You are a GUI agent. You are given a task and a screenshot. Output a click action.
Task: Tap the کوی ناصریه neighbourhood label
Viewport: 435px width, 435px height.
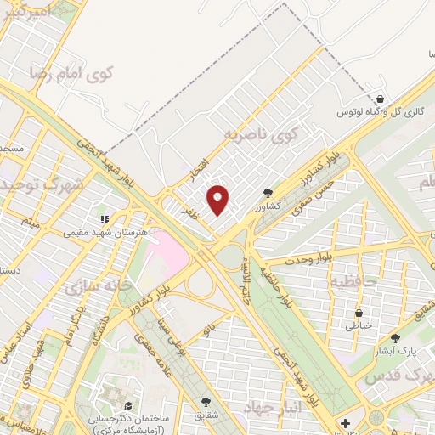[x=264, y=135]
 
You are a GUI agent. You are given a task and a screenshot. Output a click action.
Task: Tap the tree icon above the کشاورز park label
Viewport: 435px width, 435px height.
[x=268, y=194]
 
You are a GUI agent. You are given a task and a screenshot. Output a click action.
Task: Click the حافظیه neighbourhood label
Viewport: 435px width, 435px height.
[x=354, y=280]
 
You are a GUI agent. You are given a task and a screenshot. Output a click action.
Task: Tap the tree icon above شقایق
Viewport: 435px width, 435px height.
[x=205, y=402]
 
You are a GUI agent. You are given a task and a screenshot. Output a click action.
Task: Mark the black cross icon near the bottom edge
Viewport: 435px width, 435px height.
[x=344, y=422]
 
